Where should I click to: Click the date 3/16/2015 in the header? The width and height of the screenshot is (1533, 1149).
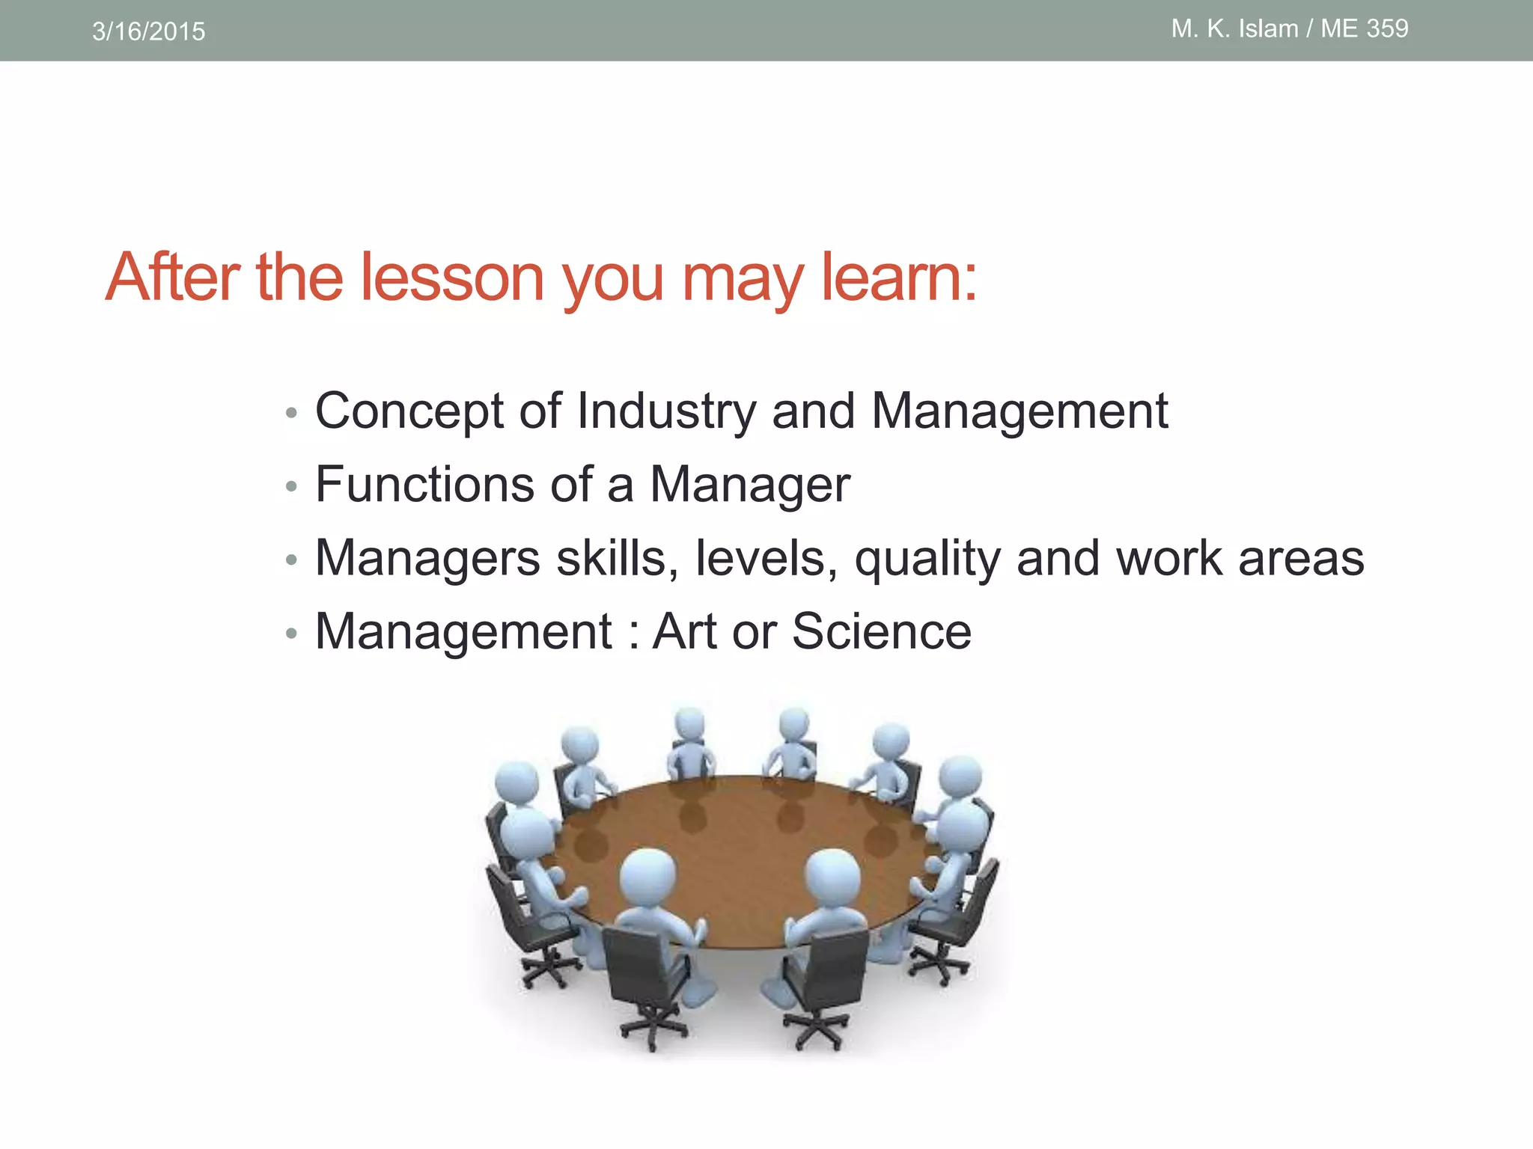click(x=148, y=31)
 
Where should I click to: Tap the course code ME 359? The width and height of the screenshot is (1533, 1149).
click(x=1364, y=28)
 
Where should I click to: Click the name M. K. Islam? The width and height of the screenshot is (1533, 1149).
click(x=1234, y=28)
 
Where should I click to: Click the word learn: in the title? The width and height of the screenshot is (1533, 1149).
click(x=899, y=278)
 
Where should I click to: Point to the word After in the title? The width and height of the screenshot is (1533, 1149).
click(x=172, y=278)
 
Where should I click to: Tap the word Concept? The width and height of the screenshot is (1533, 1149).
click(x=409, y=411)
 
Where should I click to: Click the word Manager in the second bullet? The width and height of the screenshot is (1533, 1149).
click(x=749, y=484)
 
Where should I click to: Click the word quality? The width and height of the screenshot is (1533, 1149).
click(x=927, y=558)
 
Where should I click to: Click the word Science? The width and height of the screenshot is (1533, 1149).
click(x=881, y=631)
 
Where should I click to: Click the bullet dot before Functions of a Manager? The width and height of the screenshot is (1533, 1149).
click(x=292, y=487)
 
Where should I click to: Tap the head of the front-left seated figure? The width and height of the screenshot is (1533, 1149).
click(x=648, y=875)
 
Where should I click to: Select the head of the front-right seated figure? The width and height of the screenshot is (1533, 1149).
click(x=832, y=875)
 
